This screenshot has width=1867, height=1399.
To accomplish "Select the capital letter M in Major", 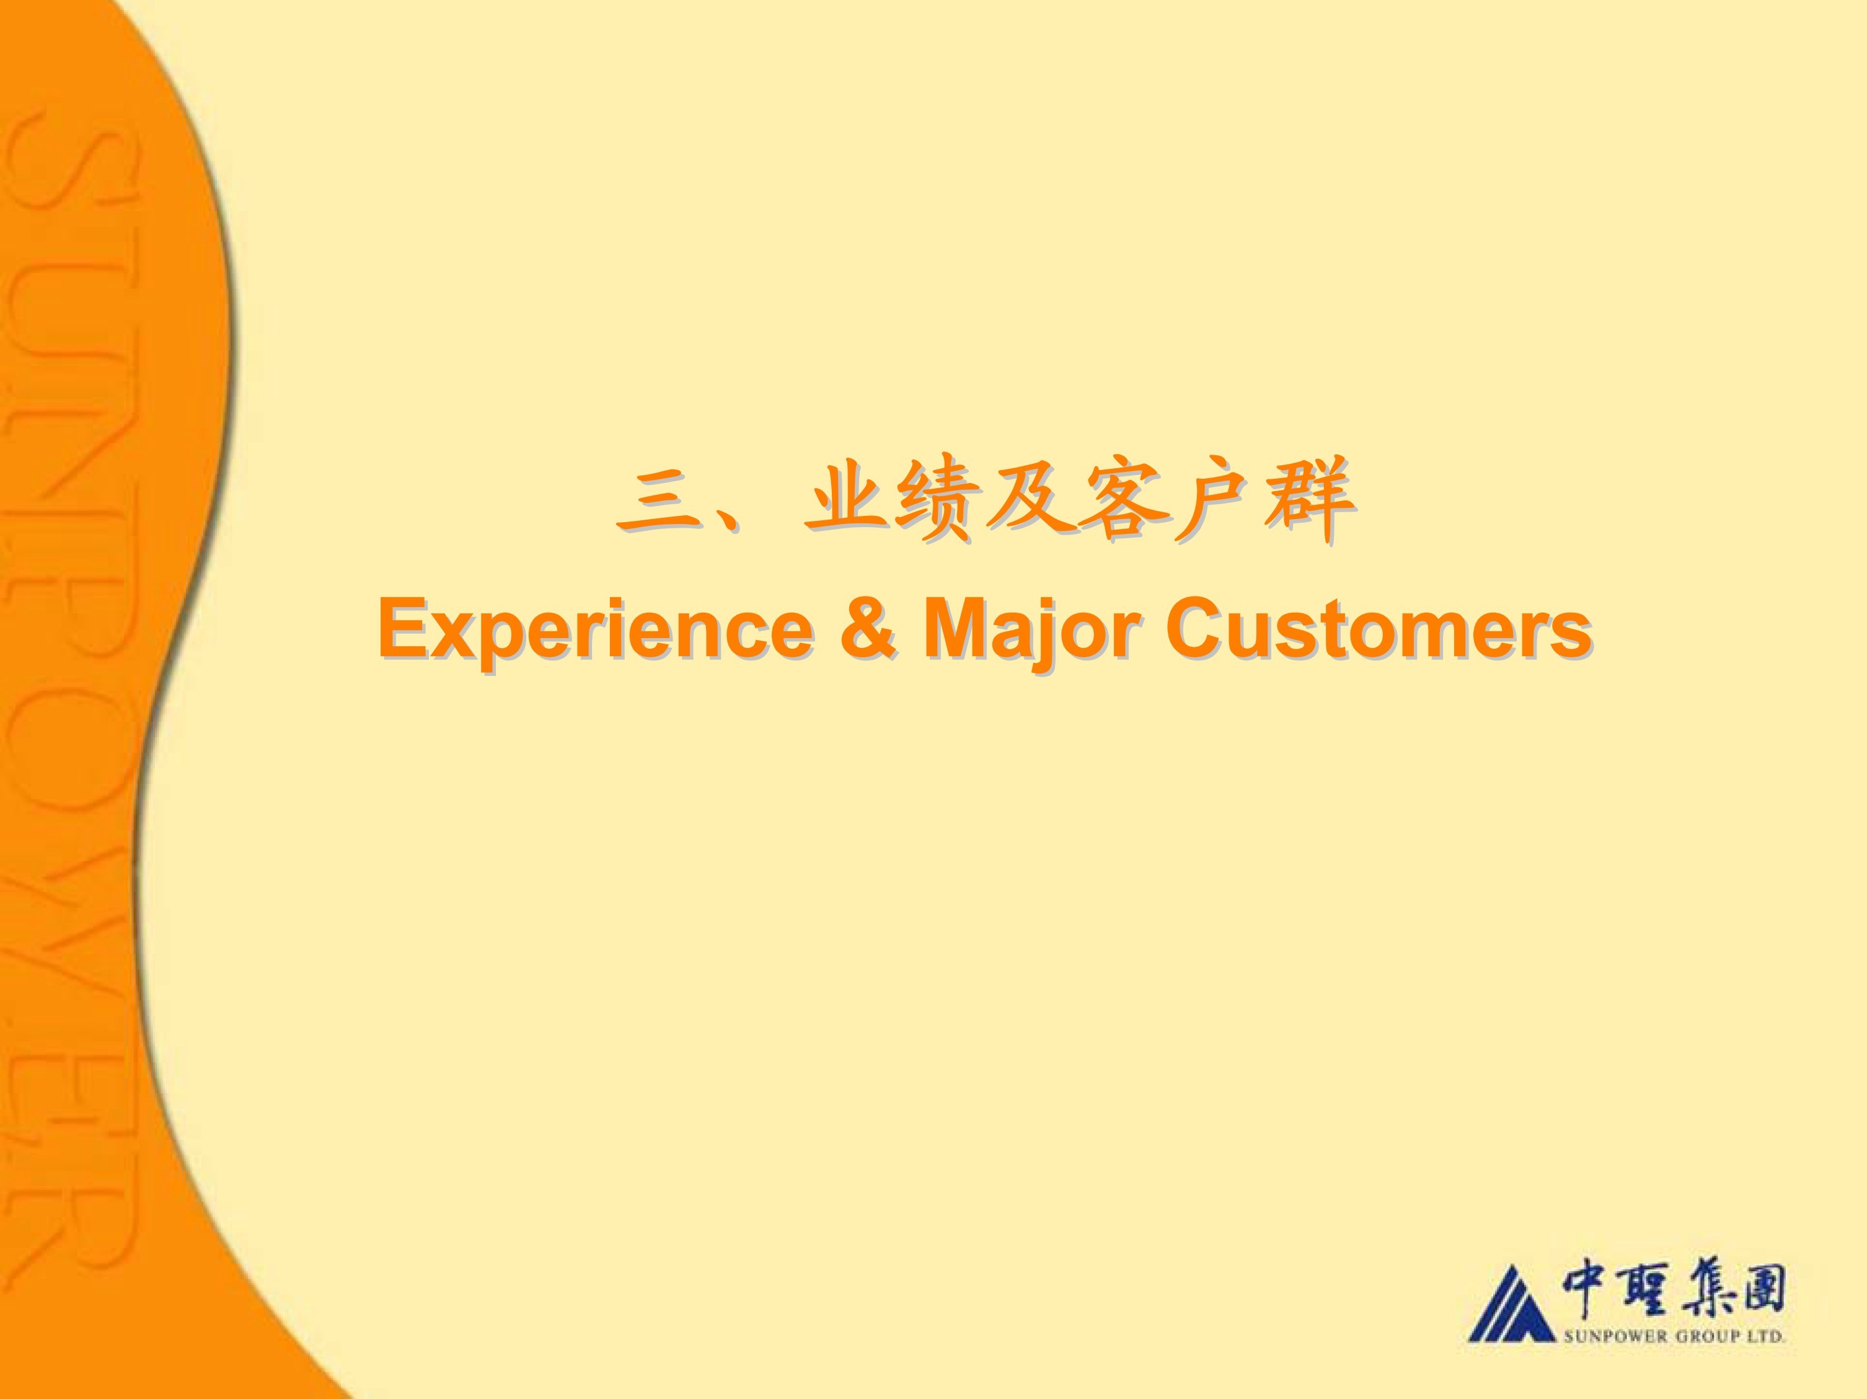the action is pos(955,628).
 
